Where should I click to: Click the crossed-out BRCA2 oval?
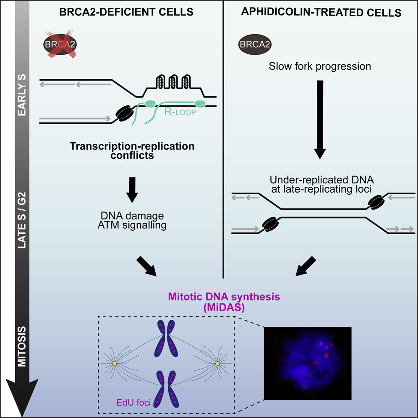[60, 43]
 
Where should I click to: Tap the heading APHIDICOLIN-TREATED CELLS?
[321, 13]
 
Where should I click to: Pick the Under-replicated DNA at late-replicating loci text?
[321, 185]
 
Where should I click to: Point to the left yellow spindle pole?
[115, 363]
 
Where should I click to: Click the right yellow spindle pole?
[217, 363]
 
